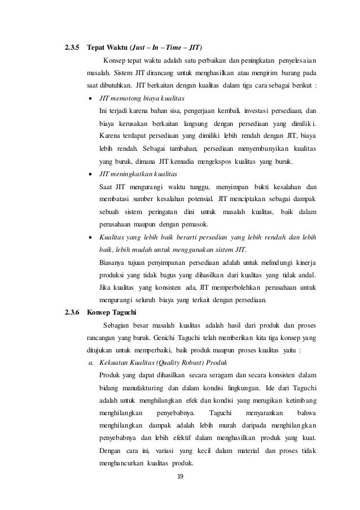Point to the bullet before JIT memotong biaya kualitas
[x=90, y=98]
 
